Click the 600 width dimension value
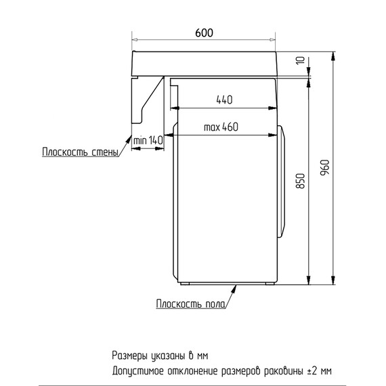(x=204, y=33)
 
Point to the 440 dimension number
(x=224, y=100)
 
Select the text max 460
(x=221, y=127)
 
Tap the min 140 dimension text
(x=148, y=140)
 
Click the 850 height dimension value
(x=300, y=181)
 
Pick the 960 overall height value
(x=324, y=167)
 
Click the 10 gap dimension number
(x=300, y=60)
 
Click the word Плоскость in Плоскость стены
(x=65, y=152)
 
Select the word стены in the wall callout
(x=105, y=152)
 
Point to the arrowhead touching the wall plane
(x=129, y=140)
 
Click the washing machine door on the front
(x=281, y=181)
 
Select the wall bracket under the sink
(x=148, y=100)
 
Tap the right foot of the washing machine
(x=270, y=283)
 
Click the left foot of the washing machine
(x=185, y=283)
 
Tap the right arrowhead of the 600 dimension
(x=272, y=39)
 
